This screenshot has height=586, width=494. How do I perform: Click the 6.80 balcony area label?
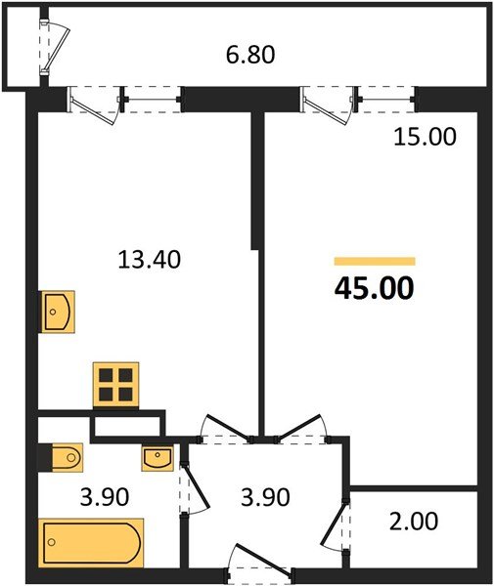point(250,55)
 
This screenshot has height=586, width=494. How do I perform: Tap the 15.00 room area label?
point(424,138)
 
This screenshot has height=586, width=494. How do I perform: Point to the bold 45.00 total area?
point(374,289)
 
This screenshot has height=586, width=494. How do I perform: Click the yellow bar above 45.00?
point(374,262)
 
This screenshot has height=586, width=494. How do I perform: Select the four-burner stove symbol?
point(115,383)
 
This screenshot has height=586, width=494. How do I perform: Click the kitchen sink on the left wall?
point(56,312)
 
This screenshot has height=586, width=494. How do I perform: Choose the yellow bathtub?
point(92,540)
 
